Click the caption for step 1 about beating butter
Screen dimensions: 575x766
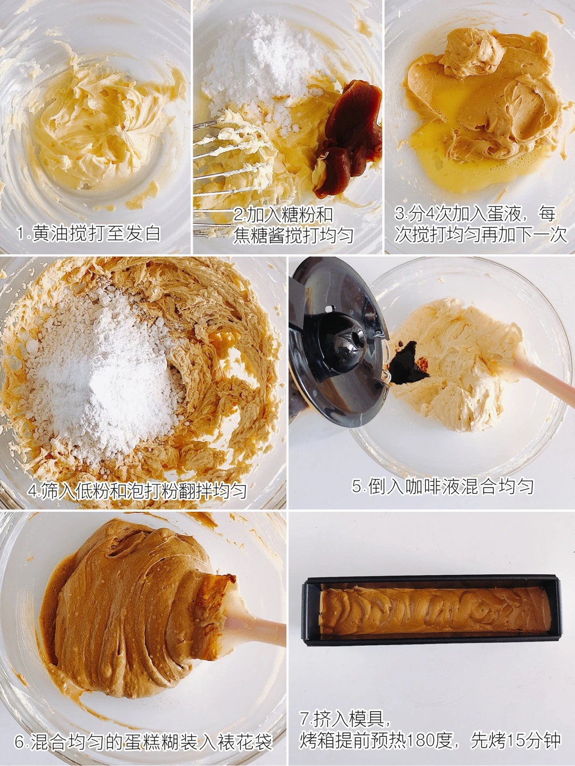(x=88, y=233)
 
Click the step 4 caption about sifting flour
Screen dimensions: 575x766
(x=137, y=490)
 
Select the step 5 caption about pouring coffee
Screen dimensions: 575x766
(x=442, y=485)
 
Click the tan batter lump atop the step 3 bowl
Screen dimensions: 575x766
(x=471, y=52)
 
